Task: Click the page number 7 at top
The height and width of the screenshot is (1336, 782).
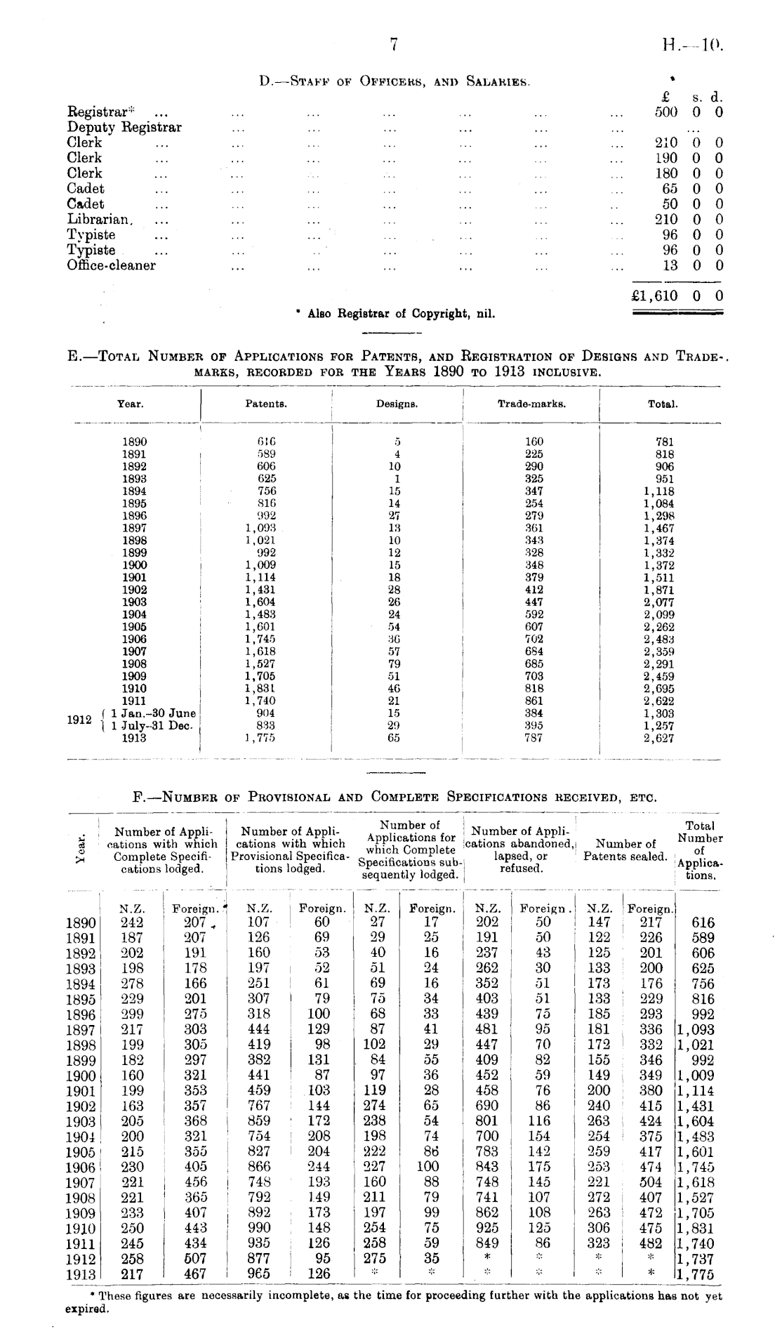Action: pyautogui.click(x=394, y=45)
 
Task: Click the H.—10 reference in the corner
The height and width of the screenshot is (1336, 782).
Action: pyautogui.click(x=691, y=46)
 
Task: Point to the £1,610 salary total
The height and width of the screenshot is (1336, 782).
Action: pyautogui.click(x=656, y=296)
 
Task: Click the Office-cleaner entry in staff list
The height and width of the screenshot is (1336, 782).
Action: pyautogui.click(x=111, y=265)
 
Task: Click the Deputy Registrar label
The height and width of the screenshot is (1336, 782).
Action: pyautogui.click(x=124, y=127)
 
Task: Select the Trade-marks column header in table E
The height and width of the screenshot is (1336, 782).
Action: pyautogui.click(x=531, y=404)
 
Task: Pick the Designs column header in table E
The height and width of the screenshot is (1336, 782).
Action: pyautogui.click(x=397, y=404)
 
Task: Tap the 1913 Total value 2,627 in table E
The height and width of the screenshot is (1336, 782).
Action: pyautogui.click(x=659, y=738)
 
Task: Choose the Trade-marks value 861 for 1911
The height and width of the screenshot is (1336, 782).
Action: pyautogui.click(x=534, y=701)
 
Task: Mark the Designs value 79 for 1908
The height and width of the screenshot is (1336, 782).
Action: pyautogui.click(x=395, y=663)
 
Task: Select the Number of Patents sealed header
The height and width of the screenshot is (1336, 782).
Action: pyautogui.click(x=625, y=850)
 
